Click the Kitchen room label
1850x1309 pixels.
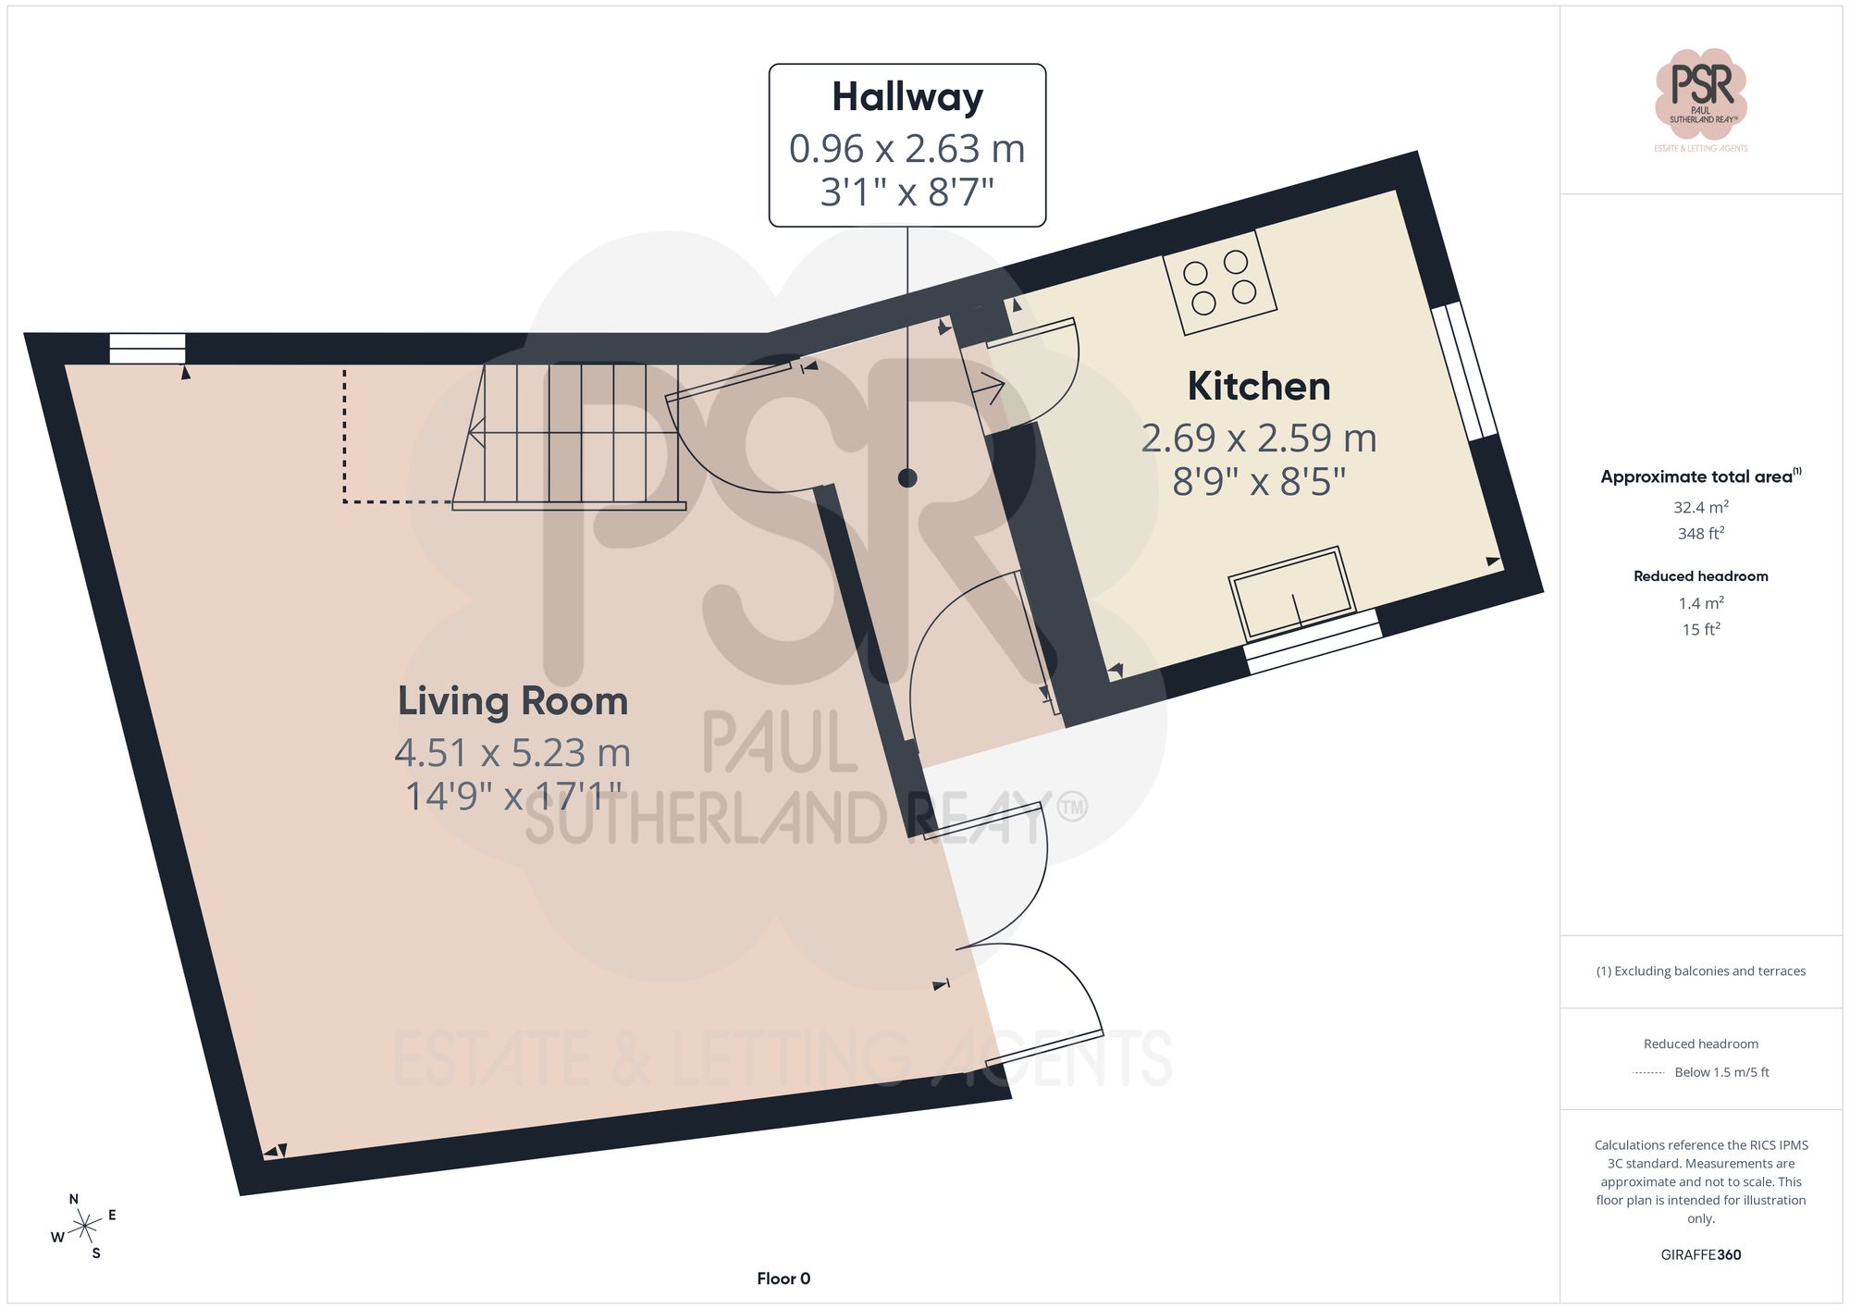[1258, 387]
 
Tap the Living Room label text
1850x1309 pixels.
[512, 701]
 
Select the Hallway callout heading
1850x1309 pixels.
[906, 97]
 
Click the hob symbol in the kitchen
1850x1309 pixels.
[1219, 282]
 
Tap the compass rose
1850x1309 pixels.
[84, 1227]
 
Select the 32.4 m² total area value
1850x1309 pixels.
[1700, 507]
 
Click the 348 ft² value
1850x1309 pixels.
[1700, 534]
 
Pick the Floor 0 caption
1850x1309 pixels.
[783, 1278]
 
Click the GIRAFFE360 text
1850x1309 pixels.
[1700, 1255]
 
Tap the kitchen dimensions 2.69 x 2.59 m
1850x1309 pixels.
[1258, 438]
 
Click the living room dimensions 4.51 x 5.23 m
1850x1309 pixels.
[512, 753]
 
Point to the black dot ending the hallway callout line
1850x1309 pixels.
[907, 478]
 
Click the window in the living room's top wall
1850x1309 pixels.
[147, 349]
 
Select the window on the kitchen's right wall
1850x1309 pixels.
[1464, 371]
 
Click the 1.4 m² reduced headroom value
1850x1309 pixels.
[1700, 603]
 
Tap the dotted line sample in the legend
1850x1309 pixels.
[1648, 1073]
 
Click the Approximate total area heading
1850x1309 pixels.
[1700, 476]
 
